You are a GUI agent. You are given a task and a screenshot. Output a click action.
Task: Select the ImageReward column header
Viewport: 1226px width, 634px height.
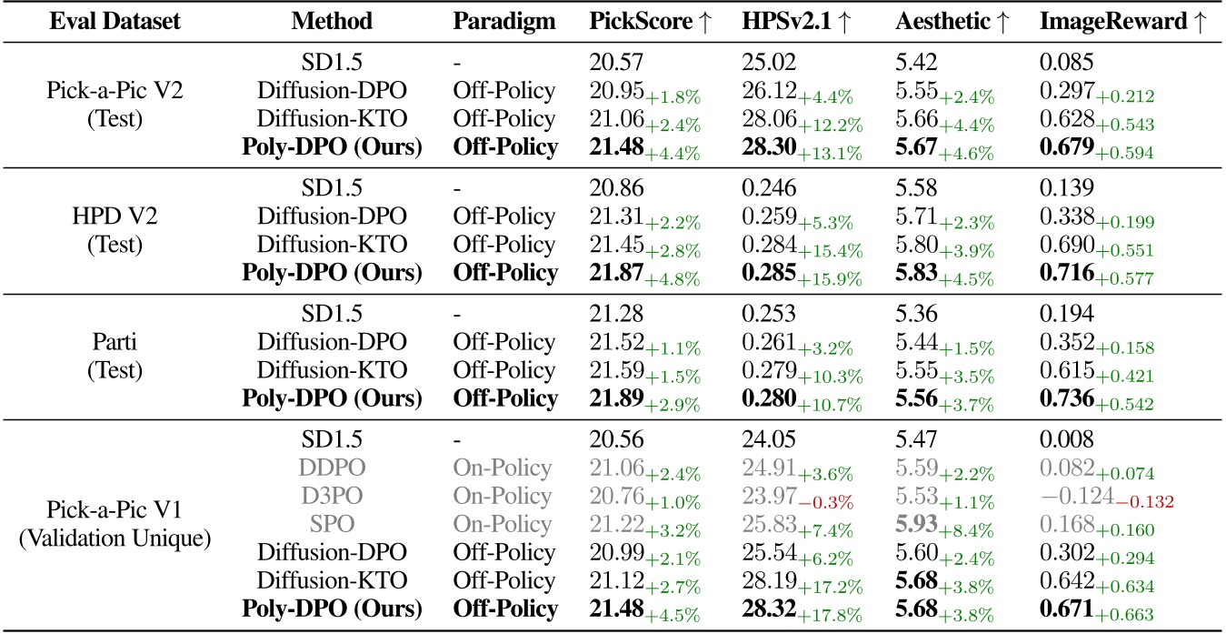pyautogui.click(x=1123, y=23)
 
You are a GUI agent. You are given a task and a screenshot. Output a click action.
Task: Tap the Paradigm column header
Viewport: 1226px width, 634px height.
pyautogui.click(x=503, y=23)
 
